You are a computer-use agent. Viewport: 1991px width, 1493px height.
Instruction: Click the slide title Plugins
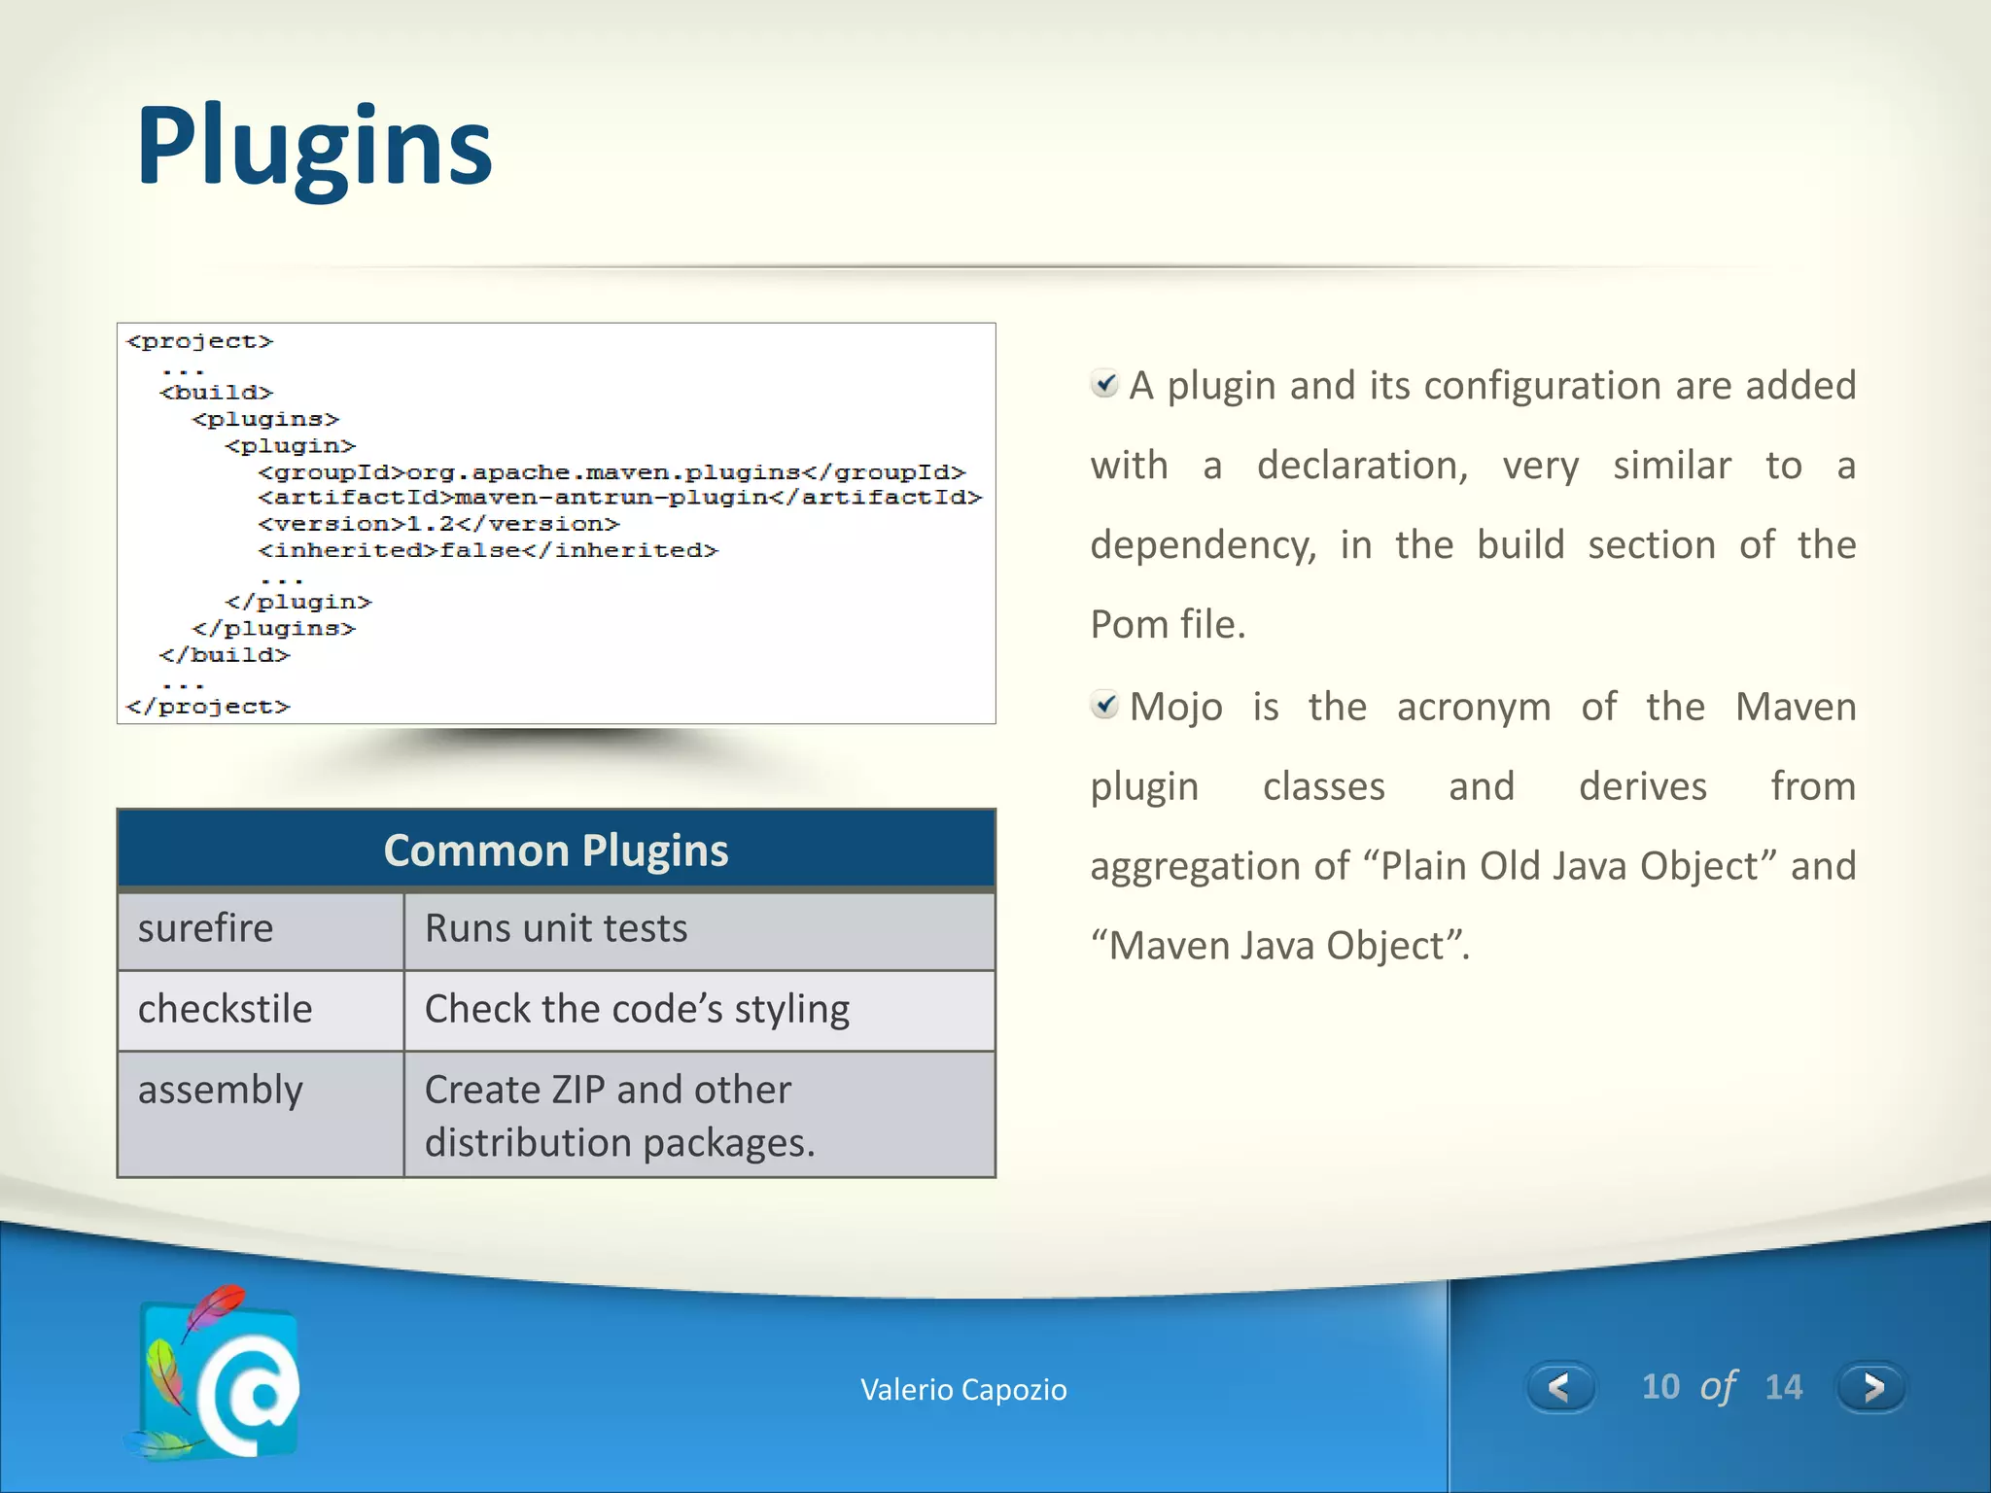click(314, 148)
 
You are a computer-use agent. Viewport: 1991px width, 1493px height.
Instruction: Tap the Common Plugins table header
click(555, 851)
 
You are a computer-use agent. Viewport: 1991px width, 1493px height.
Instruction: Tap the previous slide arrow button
click(1559, 1387)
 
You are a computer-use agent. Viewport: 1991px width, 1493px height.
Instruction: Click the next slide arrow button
click(1870, 1387)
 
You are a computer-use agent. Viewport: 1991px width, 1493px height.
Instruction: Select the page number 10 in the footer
click(1660, 1387)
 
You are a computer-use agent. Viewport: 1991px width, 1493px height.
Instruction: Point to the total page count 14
click(1783, 1387)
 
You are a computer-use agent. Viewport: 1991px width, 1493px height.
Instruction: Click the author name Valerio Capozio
click(963, 1390)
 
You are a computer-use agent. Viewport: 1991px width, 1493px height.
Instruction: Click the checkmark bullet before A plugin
click(1104, 384)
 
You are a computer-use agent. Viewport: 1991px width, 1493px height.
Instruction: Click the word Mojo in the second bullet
click(1176, 707)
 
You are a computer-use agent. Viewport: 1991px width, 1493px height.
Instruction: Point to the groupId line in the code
click(611, 472)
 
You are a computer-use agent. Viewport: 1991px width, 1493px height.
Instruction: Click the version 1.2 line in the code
click(438, 524)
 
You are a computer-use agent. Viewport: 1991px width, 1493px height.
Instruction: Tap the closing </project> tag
click(208, 707)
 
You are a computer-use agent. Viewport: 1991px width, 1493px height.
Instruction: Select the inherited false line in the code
click(488, 550)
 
